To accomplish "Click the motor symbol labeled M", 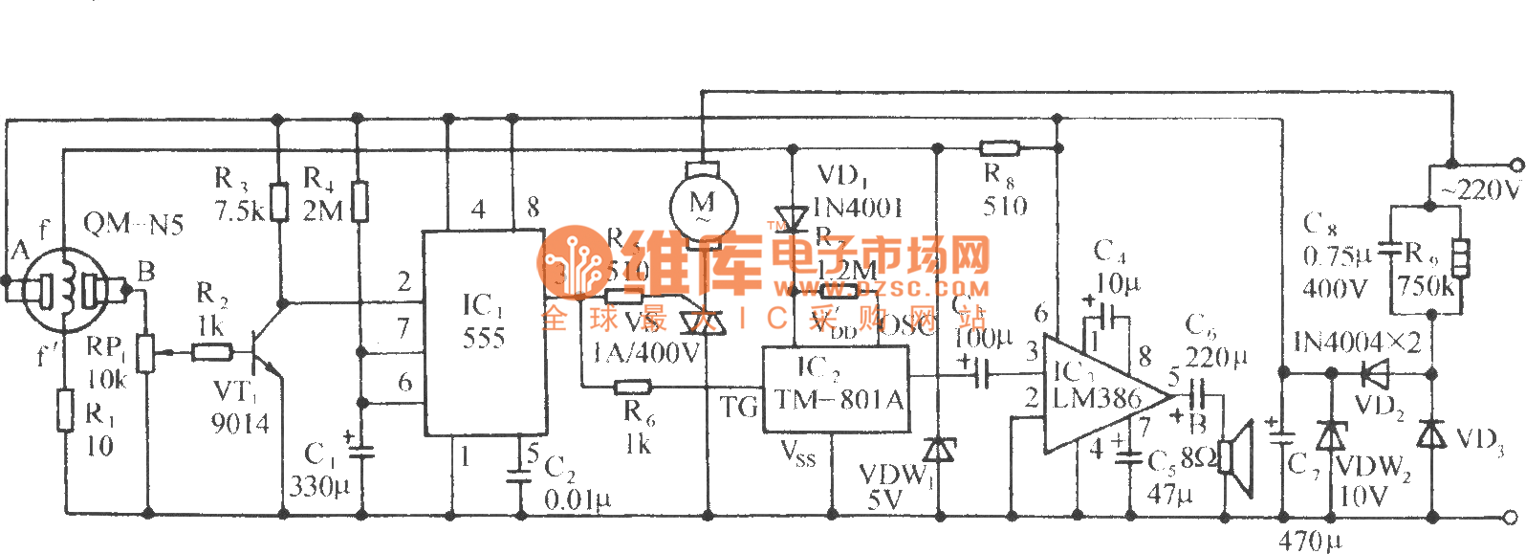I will coord(702,205).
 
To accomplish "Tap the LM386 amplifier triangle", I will coord(1100,393).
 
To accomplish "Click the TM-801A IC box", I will coord(835,388).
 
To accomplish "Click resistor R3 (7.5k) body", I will coord(277,202).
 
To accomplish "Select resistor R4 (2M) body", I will coord(359,202).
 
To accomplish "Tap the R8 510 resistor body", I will coord(1000,148).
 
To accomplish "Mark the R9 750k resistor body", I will coord(1460,258).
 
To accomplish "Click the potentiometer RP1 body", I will coord(146,352).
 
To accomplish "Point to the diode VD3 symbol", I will coord(1431,435).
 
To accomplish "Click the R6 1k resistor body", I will coord(632,387).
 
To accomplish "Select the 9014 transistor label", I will coord(240,423).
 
